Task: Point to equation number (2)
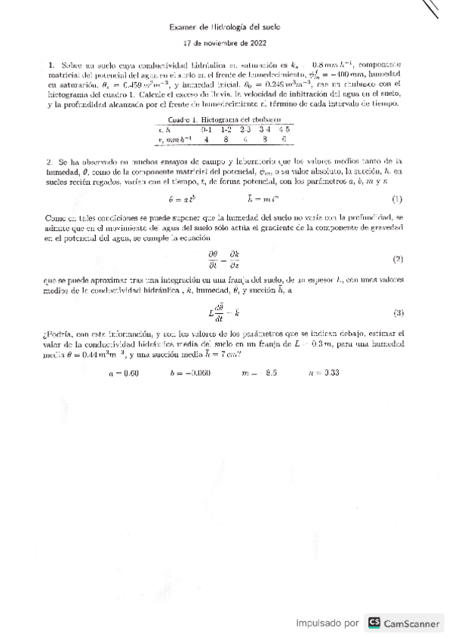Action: [x=398, y=260]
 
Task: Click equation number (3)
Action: [x=398, y=312]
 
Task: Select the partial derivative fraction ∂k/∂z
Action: [x=235, y=260]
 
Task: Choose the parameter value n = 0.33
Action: [x=324, y=372]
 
